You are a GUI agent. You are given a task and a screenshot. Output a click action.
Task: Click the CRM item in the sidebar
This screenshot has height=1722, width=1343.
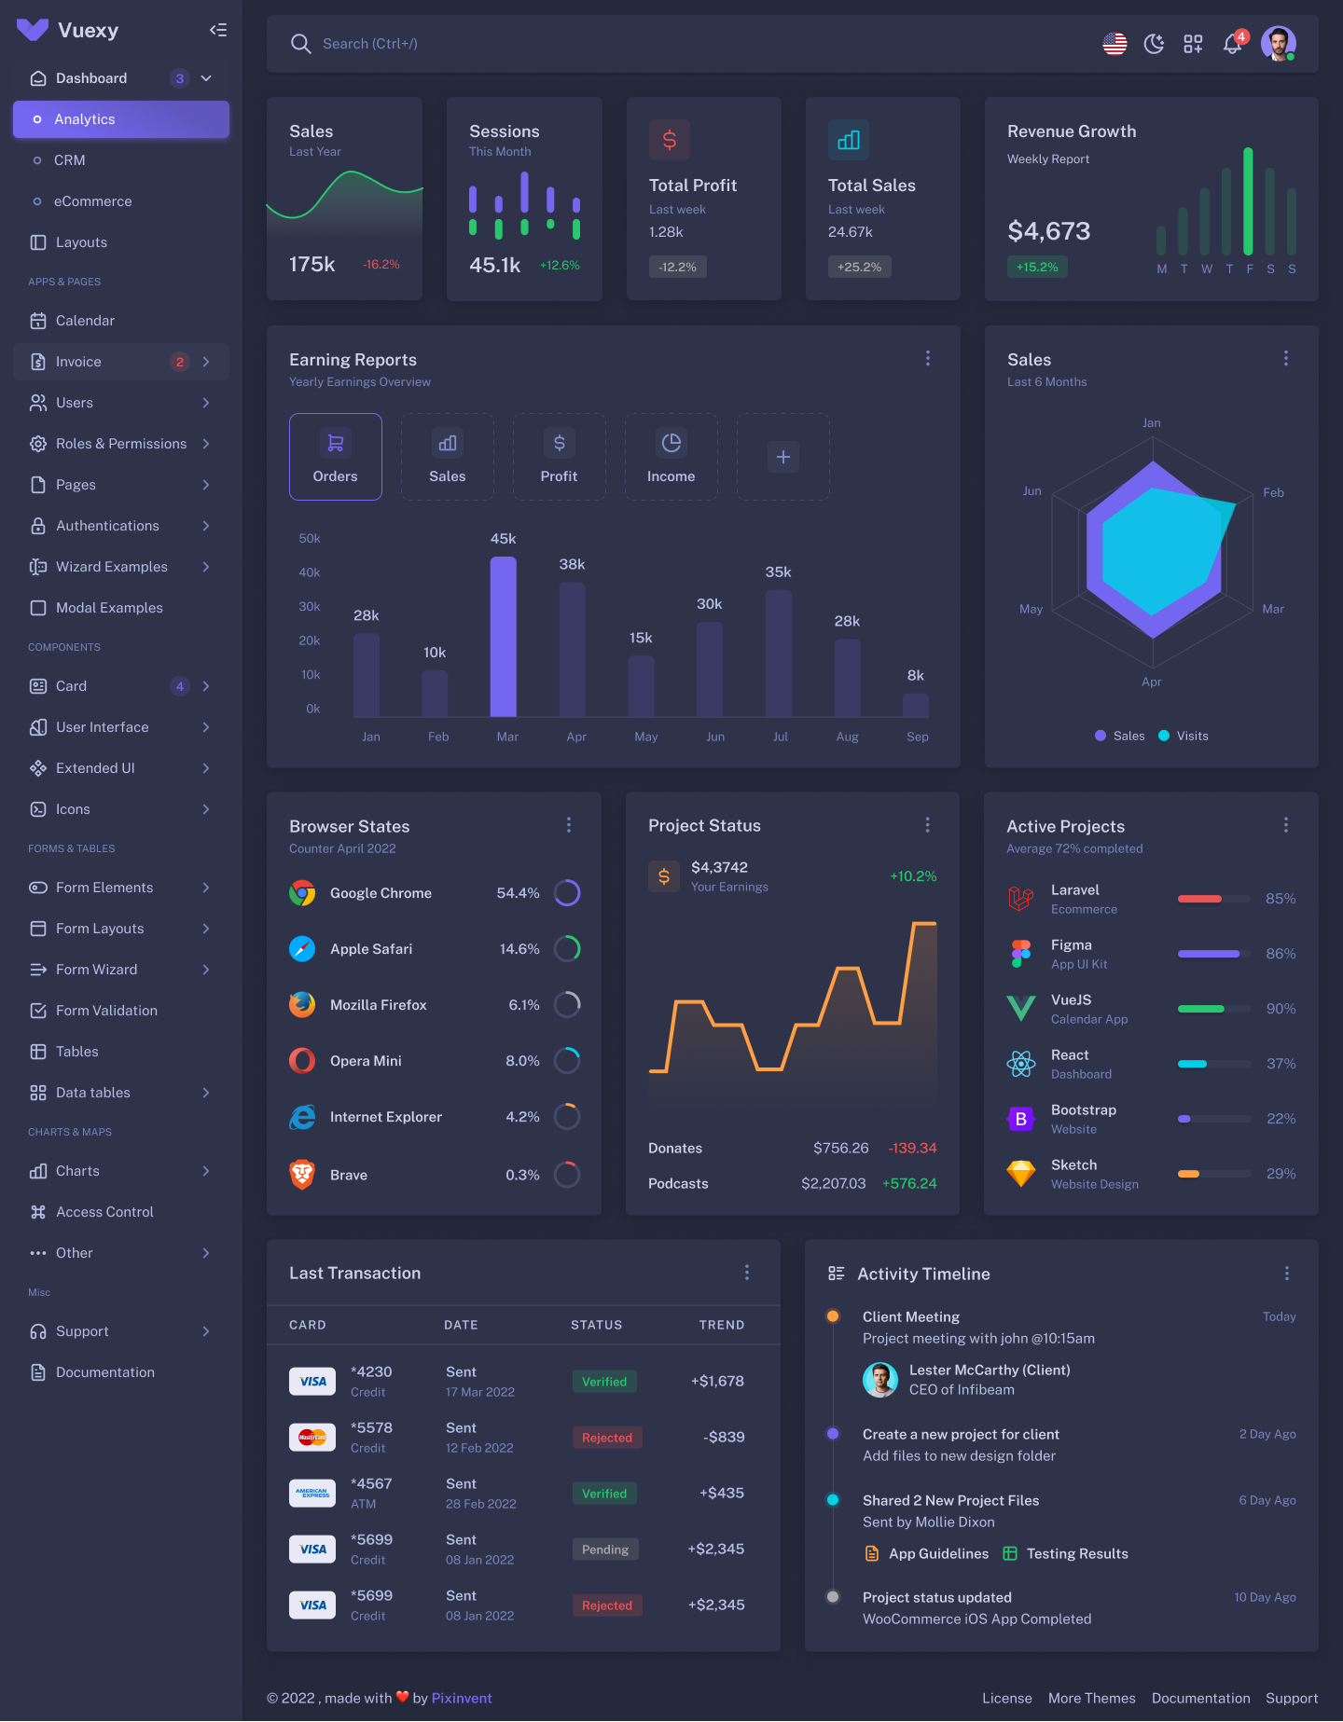click(70, 160)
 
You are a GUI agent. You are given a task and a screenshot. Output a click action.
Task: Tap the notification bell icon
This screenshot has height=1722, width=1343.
click(1233, 44)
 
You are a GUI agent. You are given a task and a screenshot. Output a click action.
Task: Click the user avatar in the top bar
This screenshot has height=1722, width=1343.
click(1278, 44)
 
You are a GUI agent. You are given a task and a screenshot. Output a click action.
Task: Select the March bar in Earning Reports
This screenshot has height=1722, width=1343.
click(504, 637)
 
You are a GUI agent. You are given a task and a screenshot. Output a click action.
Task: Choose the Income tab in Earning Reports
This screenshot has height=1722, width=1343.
click(671, 457)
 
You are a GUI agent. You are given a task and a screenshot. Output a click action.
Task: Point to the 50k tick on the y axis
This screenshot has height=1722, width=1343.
click(310, 539)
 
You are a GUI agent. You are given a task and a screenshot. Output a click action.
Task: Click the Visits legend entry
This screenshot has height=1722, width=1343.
click(1184, 736)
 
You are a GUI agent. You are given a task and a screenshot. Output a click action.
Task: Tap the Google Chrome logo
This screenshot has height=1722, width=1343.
click(302, 893)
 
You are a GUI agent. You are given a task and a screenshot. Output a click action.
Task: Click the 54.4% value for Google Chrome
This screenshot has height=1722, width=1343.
click(518, 893)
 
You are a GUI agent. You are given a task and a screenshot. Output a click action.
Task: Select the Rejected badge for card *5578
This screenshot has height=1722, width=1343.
click(607, 1438)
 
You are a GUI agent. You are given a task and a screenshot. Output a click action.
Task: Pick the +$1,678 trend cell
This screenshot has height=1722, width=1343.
click(717, 1381)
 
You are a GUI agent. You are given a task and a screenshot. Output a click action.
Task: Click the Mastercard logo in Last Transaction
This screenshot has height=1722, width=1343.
click(312, 1438)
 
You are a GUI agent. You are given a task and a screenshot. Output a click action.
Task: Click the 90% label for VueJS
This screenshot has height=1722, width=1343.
click(1281, 1009)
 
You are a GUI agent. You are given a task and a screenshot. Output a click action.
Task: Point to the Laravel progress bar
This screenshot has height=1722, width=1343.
click(1213, 899)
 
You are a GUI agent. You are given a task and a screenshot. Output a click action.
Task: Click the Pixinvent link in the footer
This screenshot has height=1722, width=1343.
click(462, 1698)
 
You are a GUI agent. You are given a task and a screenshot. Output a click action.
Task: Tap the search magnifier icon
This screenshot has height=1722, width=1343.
click(300, 44)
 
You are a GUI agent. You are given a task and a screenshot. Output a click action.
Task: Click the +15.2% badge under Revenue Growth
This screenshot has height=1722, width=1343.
click(1037, 267)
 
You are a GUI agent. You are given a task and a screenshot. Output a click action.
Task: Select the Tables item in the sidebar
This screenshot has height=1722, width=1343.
click(76, 1052)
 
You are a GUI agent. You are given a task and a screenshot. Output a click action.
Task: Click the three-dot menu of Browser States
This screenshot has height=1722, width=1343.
click(569, 825)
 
